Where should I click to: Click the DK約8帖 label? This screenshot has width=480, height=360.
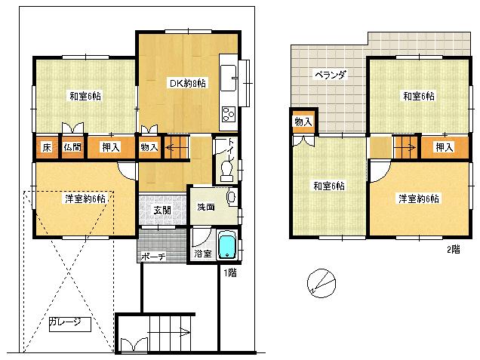(x=186, y=83)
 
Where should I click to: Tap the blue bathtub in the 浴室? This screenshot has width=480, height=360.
(x=226, y=245)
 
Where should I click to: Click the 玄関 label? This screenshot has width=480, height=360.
(x=162, y=210)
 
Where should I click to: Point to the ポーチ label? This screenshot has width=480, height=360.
(x=152, y=257)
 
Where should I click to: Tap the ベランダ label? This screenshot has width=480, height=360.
(x=330, y=75)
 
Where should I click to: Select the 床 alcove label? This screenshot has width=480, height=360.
(x=47, y=146)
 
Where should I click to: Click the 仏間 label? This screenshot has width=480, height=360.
(x=72, y=146)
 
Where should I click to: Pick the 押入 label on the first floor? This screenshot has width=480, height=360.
(x=110, y=146)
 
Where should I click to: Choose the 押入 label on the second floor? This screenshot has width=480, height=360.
(x=445, y=146)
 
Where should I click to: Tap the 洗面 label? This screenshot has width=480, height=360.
(x=206, y=206)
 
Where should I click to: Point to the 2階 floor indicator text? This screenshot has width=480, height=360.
(x=452, y=248)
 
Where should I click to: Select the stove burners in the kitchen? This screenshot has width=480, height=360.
(x=229, y=115)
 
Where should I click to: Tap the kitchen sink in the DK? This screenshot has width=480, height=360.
(x=231, y=75)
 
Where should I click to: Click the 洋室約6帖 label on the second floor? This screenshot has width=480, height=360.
(x=420, y=198)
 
